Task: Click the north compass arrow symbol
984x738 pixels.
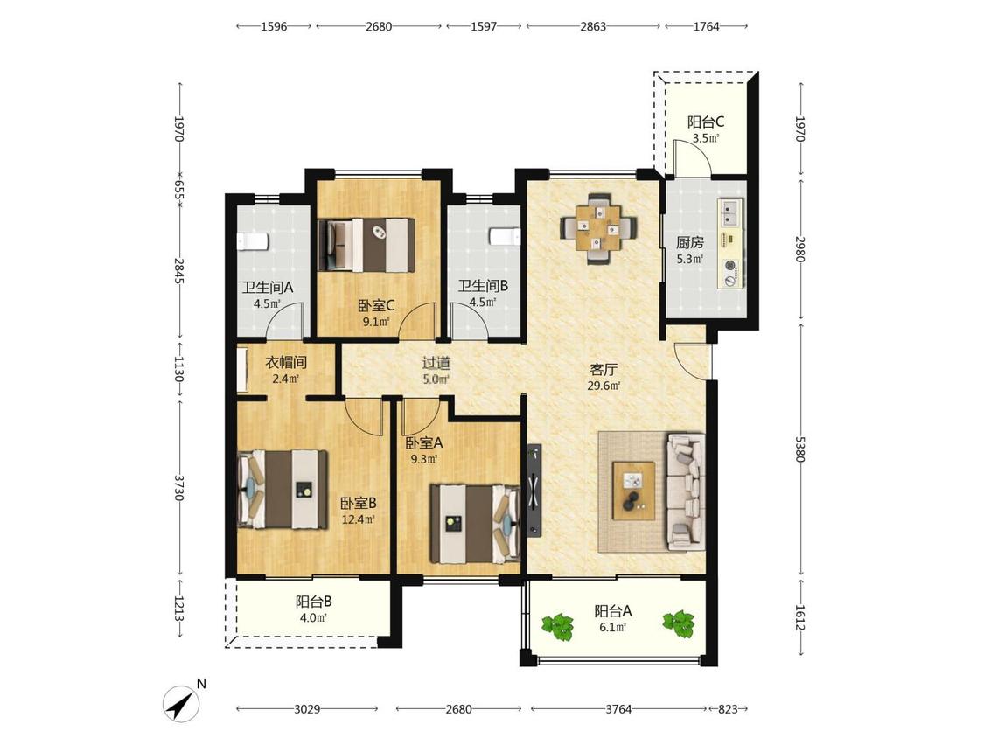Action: [x=182, y=704]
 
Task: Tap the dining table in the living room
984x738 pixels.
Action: [x=598, y=229]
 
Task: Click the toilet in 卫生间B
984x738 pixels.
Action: [x=505, y=237]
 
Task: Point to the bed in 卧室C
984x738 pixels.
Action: [x=366, y=245]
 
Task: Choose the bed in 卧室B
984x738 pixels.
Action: [x=283, y=489]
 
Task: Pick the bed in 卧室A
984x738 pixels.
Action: [x=475, y=524]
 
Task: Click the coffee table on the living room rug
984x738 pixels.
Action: [x=634, y=491]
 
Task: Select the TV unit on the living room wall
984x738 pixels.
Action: [x=534, y=491]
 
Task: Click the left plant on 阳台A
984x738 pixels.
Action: [x=558, y=626]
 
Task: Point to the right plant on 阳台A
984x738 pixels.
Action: [x=679, y=624]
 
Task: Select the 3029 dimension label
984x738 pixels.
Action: [x=308, y=709]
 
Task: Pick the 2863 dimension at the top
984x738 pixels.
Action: [x=593, y=26]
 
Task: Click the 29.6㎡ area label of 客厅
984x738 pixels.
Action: [x=603, y=386]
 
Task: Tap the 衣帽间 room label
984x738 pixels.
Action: [x=285, y=363]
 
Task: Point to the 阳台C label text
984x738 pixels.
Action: [x=705, y=122]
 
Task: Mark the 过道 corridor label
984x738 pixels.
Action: [x=436, y=364]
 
